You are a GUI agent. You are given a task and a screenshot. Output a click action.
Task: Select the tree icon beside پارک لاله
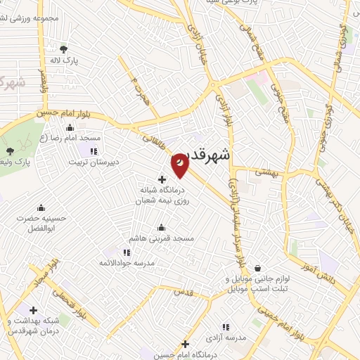click(64, 49)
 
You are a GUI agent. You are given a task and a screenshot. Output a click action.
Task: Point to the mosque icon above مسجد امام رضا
click(69, 128)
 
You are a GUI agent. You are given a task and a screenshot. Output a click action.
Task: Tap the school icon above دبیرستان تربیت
click(94, 151)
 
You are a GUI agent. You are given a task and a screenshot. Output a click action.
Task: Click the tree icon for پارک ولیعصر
click(9, 151)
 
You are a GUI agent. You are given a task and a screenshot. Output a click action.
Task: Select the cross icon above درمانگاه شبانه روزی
click(162, 179)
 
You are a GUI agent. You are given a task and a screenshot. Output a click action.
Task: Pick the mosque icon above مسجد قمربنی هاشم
click(162, 228)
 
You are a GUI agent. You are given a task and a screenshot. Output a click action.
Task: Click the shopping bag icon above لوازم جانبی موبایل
click(258, 268)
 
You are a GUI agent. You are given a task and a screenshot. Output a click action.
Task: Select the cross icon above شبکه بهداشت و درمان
click(33, 310)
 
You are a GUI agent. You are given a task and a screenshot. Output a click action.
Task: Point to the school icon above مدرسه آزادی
click(226, 327)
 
